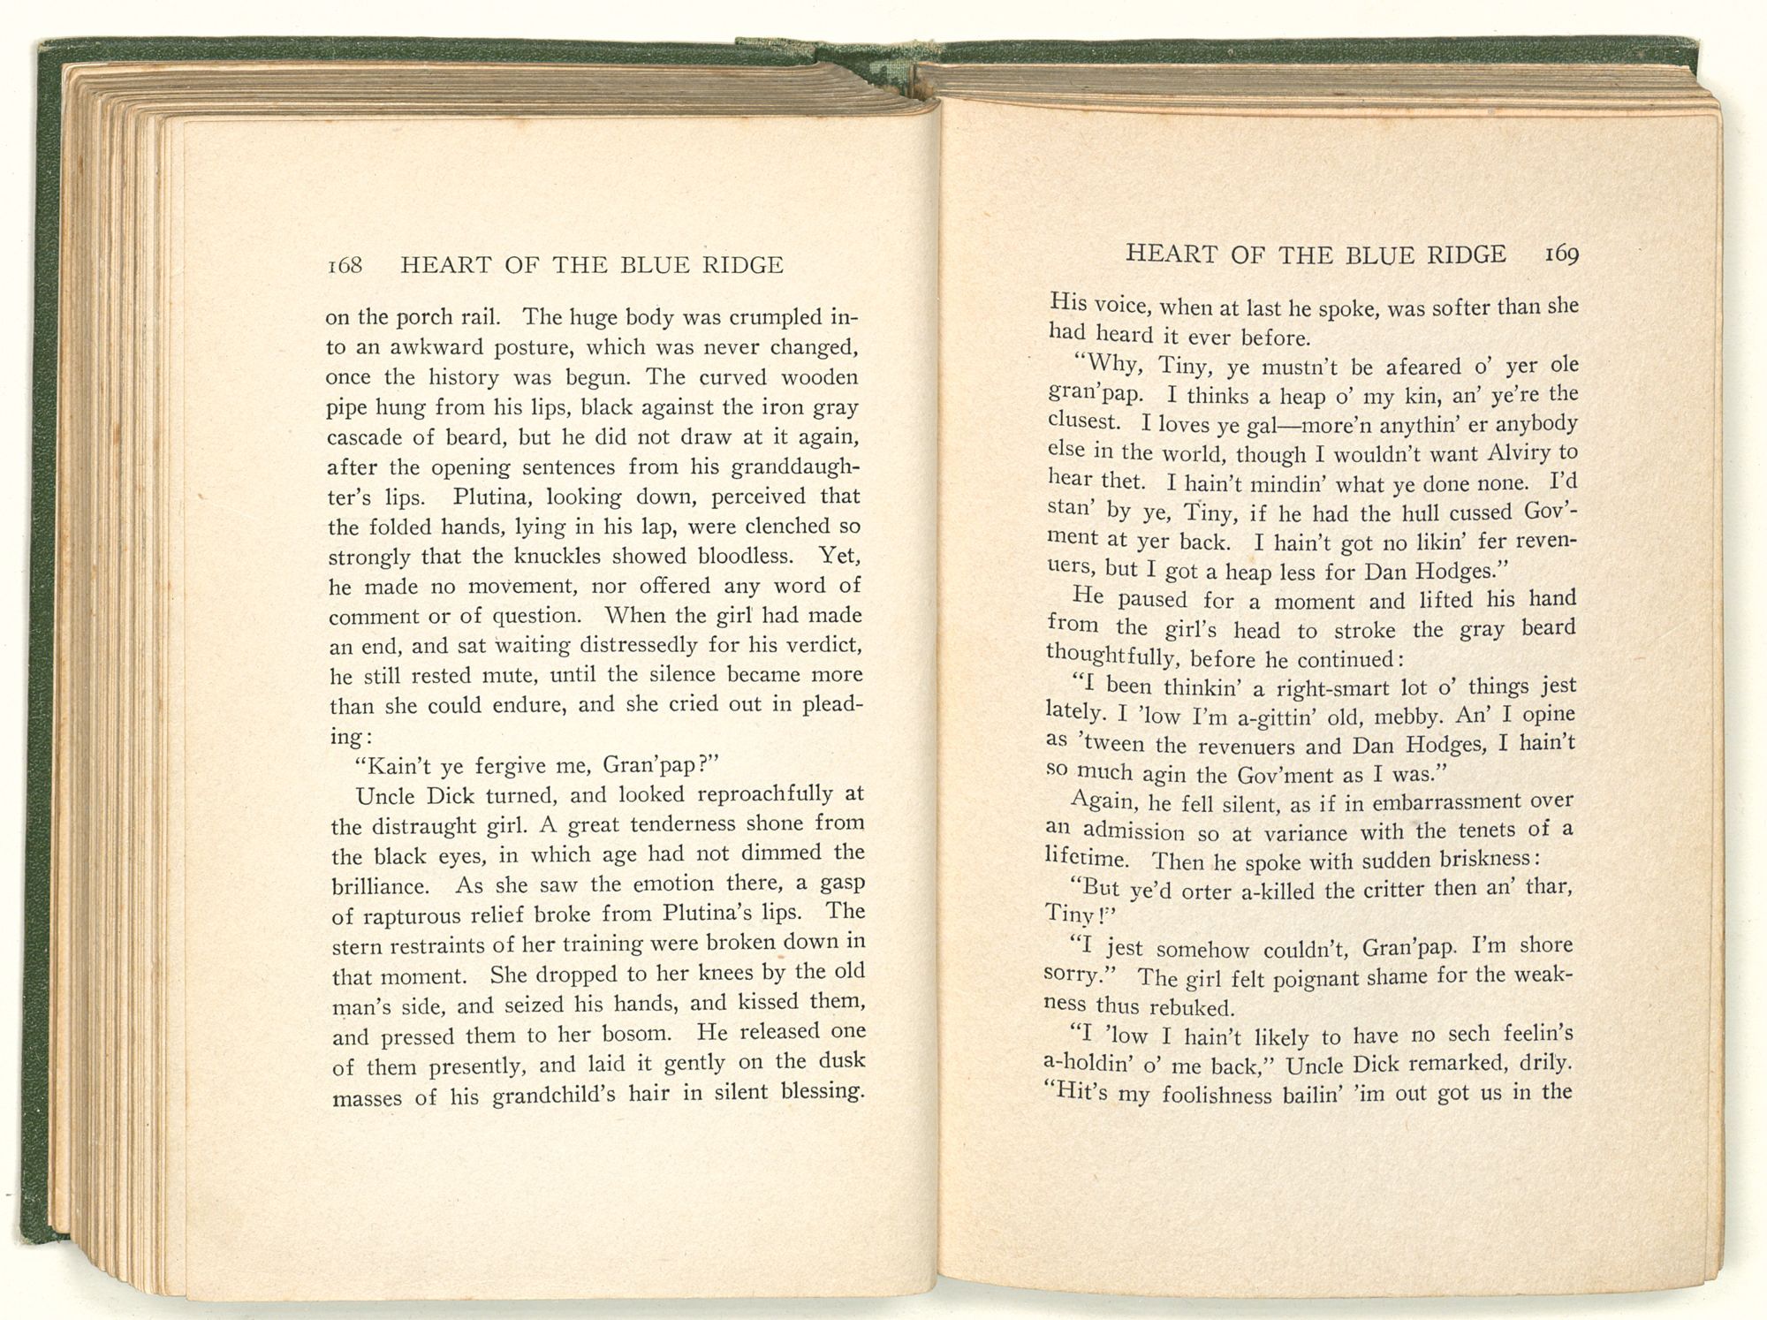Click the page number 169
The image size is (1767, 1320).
pyautogui.click(x=1561, y=254)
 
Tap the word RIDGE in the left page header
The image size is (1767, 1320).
pyautogui.click(x=740, y=265)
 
